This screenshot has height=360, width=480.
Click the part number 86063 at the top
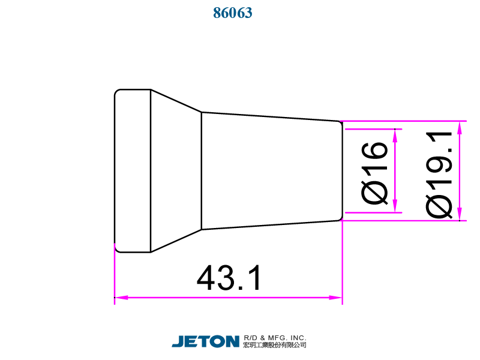(233, 13)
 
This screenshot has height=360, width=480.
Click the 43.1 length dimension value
(230, 278)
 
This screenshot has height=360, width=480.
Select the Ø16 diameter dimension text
(376, 173)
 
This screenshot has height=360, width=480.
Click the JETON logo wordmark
(206, 341)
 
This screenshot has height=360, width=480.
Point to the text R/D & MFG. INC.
(275, 338)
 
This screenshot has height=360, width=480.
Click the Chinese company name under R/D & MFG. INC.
(275, 346)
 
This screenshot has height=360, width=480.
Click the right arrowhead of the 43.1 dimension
(337, 296)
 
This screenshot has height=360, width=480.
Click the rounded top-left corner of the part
(117, 92)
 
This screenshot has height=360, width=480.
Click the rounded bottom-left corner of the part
(117, 250)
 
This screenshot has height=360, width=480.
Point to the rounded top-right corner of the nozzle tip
(340, 123)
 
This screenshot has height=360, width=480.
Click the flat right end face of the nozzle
(342, 171)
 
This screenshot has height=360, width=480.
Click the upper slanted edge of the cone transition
(176, 101)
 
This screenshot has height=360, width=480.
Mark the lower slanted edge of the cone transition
(176, 241)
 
